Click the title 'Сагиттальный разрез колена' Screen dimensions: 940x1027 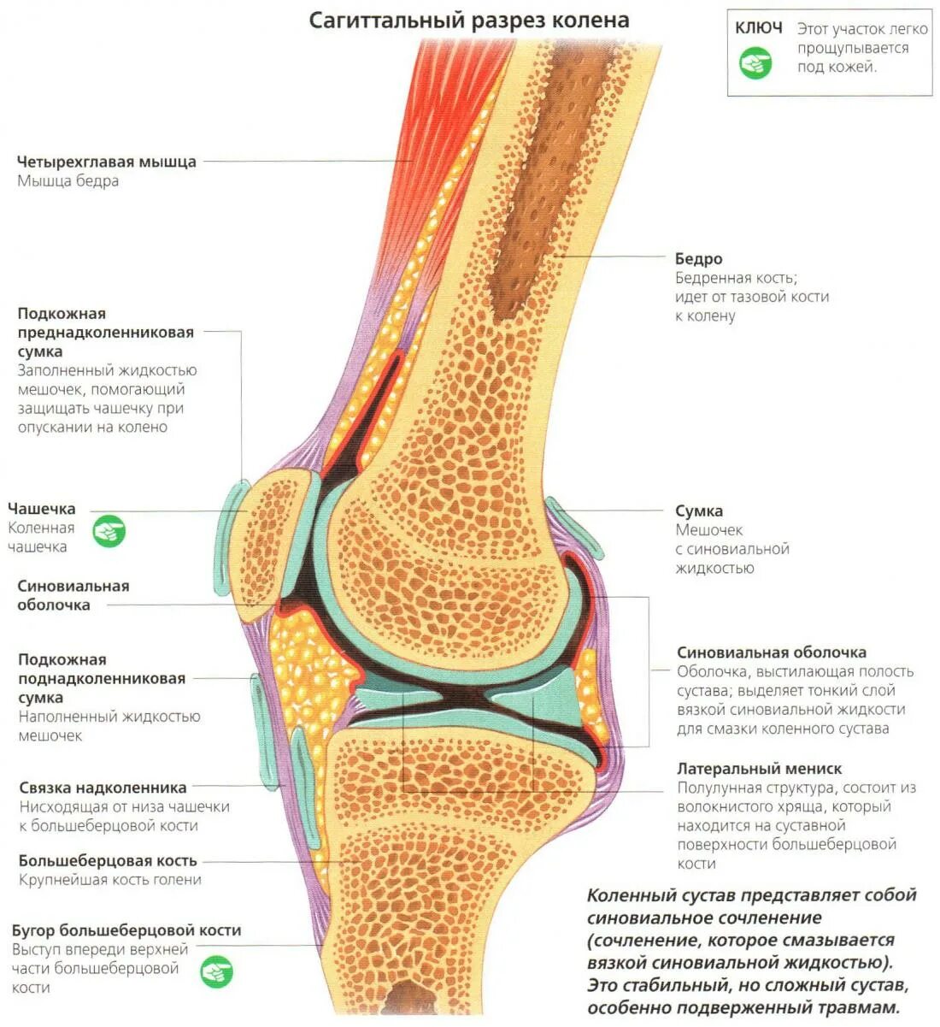[x=468, y=21]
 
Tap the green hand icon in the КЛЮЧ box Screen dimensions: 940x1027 [x=755, y=62]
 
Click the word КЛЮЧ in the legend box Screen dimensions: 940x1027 [x=758, y=28]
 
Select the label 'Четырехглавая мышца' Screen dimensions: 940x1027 [x=107, y=162]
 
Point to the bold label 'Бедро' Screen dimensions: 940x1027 [x=698, y=258]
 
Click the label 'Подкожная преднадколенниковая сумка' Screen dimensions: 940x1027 [x=105, y=333]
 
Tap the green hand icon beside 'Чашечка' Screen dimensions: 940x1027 [x=109, y=531]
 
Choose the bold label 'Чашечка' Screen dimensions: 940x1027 [x=41, y=509]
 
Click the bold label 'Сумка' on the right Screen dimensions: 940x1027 [x=699, y=511]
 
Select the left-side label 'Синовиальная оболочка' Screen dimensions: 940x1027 [x=73, y=595]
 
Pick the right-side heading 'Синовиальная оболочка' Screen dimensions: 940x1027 [x=772, y=652]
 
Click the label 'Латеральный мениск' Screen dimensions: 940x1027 [x=759, y=769]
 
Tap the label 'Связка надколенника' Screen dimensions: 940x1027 [x=103, y=788]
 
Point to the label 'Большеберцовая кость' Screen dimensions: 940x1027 [x=108, y=860]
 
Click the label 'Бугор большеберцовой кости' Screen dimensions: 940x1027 [x=126, y=930]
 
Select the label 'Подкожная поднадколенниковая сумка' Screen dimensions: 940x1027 [x=102, y=678]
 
